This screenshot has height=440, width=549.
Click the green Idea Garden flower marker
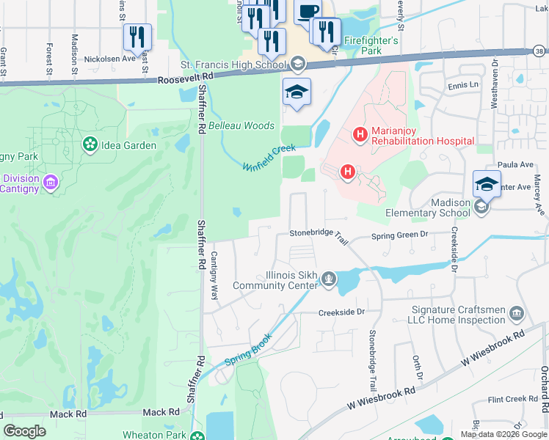click(90, 144)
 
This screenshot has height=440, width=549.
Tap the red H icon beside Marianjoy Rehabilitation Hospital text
click(360, 134)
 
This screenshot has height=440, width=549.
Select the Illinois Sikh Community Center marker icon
click(330, 278)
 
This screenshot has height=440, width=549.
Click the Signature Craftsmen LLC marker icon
click(516, 314)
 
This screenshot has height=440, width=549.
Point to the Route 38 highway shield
click(540, 51)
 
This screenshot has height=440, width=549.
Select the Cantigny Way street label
click(215, 276)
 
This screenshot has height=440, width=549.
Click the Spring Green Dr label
click(399, 235)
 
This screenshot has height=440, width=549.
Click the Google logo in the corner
click(25, 431)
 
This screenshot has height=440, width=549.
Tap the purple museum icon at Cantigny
click(51, 181)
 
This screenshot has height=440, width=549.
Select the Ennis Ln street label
click(463, 85)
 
